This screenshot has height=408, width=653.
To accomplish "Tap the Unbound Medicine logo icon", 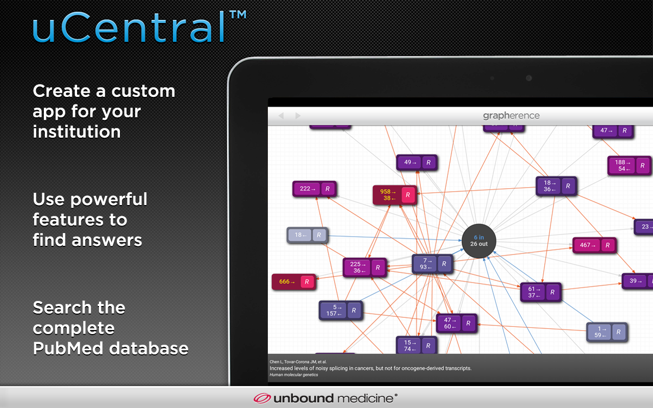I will tap(262, 398).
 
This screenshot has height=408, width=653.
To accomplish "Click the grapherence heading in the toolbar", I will tap(511, 116).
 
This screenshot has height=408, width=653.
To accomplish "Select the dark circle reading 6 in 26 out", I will tap(479, 241).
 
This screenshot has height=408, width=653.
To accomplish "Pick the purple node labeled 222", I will tap(314, 189).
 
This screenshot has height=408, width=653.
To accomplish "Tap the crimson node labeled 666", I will tap(293, 282).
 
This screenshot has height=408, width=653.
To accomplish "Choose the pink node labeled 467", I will tap(594, 245).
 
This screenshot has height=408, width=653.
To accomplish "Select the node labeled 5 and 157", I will tap(341, 310).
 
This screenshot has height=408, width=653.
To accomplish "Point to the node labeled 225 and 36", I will tap(364, 267).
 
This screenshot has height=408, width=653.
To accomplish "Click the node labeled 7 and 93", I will tap(432, 264).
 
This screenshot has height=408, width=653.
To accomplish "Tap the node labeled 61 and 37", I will tap(540, 292).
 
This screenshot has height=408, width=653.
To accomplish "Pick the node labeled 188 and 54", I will tap(629, 166).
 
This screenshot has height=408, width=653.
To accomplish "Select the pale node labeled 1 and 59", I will tap(607, 332).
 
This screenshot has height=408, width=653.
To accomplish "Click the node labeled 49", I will tap(416, 163).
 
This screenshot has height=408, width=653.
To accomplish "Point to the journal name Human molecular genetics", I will tap(293, 375).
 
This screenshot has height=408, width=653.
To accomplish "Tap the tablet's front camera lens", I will tap(529, 78).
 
